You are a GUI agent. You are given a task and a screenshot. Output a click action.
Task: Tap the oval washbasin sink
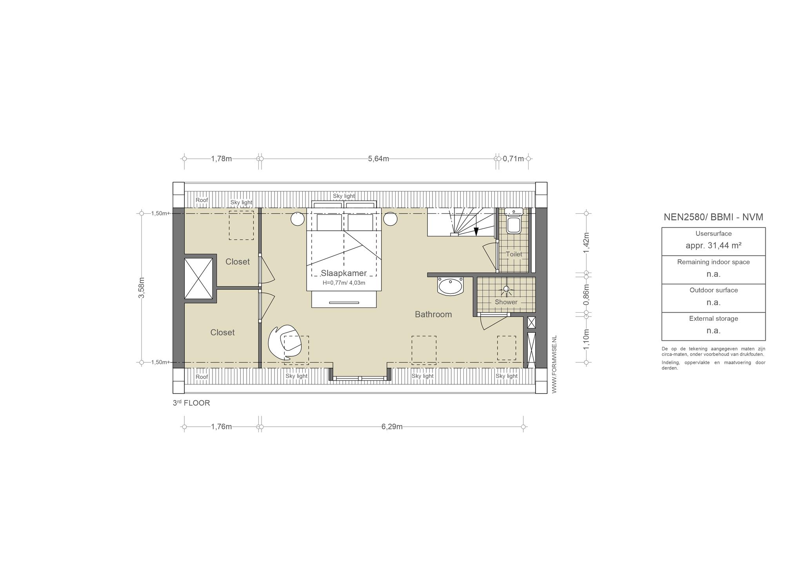[451, 286]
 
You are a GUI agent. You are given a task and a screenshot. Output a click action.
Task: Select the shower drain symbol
[506, 289]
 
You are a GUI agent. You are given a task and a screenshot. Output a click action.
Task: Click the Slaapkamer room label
[343, 273]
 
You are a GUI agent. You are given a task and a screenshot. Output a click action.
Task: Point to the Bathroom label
[433, 314]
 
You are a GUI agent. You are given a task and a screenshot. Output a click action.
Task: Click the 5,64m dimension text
[378, 159]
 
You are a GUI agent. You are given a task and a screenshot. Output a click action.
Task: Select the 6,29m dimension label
[392, 427]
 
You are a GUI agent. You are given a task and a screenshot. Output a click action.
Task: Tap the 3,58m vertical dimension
[142, 288]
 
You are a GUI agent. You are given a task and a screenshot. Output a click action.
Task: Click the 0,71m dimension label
[513, 159]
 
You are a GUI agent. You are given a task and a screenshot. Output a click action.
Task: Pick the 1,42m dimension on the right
[587, 243]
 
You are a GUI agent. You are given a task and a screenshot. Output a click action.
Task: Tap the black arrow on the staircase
[476, 232]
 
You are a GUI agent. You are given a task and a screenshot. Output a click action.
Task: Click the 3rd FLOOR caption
[191, 403]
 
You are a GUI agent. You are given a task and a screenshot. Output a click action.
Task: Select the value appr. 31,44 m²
[713, 246]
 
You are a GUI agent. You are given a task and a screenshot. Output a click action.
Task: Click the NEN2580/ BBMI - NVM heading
[713, 217]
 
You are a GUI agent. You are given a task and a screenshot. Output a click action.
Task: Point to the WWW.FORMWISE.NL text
[554, 364]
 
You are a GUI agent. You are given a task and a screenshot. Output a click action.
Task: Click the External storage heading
[713, 319]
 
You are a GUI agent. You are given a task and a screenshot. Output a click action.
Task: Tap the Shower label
[506, 302]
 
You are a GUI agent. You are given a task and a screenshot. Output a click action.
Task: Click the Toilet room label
[514, 254]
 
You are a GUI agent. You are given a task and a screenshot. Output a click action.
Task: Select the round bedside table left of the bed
[298, 219]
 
